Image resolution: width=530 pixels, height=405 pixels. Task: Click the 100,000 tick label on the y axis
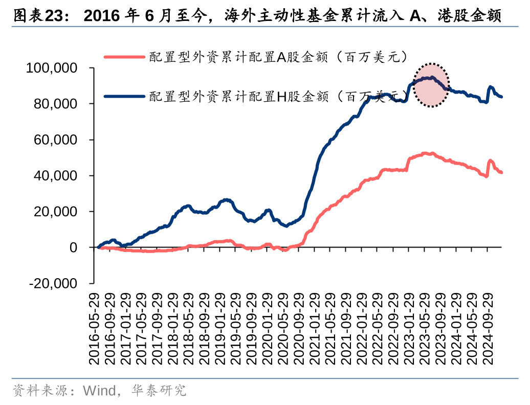pyautogui.click(x=58, y=69)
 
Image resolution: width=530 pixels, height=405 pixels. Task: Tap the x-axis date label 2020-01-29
pyautogui.click(x=268, y=329)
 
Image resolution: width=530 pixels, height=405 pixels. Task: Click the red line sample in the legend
pyautogui.click(x=124, y=56)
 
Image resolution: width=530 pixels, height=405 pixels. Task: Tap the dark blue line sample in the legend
pyautogui.click(x=124, y=96)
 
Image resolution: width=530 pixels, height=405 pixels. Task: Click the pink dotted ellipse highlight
pyautogui.click(x=431, y=85)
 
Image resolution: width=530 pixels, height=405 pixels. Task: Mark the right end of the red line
pyautogui.click(x=501, y=172)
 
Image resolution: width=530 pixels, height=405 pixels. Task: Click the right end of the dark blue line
pyautogui.click(x=501, y=97)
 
